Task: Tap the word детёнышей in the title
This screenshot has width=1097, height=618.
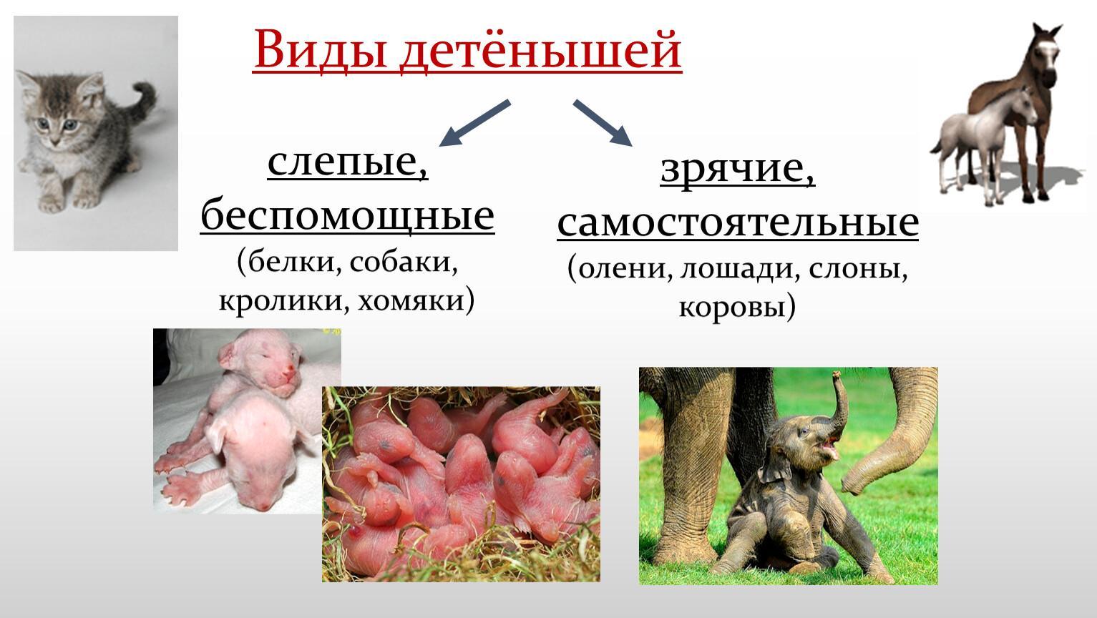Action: (x=540, y=51)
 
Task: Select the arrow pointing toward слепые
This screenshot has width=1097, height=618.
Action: (x=474, y=123)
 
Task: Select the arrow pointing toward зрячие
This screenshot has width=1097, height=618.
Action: (x=603, y=123)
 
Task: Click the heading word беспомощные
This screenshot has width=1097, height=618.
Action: (x=348, y=216)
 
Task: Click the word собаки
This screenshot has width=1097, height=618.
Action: (x=404, y=263)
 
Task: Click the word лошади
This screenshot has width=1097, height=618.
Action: (x=736, y=270)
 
